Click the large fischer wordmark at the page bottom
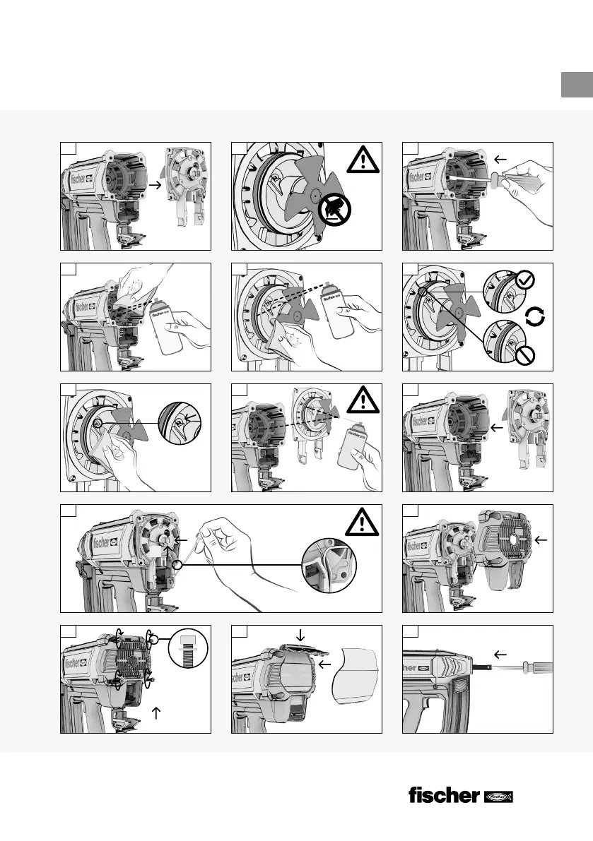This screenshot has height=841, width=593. pyautogui.click(x=444, y=795)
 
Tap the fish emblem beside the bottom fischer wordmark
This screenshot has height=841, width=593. pyautogui.click(x=498, y=797)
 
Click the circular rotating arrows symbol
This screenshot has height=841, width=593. pyautogui.click(x=535, y=316)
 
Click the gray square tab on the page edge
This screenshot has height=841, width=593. pyautogui.click(x=576, y=85)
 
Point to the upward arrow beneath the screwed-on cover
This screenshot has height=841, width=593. pyautogui.click(x=157, y=713)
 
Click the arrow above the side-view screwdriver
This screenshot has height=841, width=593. pyautogui.click(x=500, y=654)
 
